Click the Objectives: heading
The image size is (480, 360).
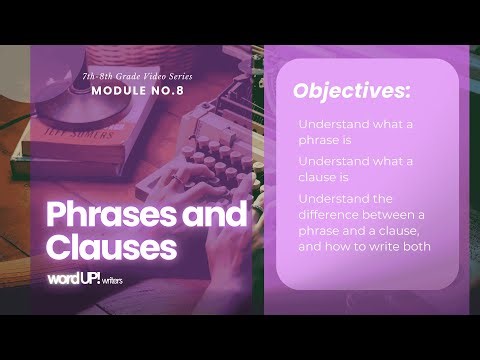351,91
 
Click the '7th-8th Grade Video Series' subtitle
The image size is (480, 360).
138,76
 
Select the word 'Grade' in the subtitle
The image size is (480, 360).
127,76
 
